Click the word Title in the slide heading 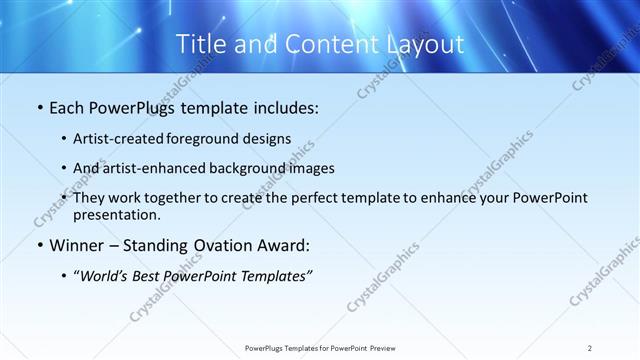click(201, 44)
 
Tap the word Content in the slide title click(325, 44)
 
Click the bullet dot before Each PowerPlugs click(39, 107)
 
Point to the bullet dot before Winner click(39, 245)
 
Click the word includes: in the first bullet click(285, 107)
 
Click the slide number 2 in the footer click(590, 347)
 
